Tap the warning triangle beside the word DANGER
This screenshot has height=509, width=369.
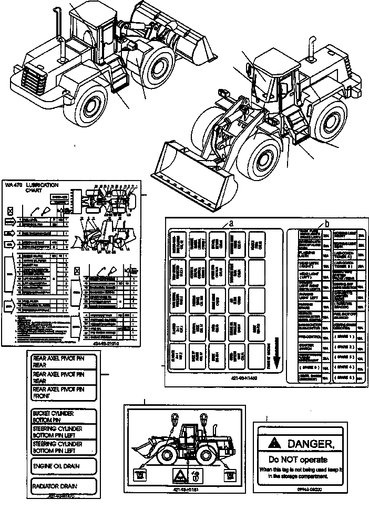273,443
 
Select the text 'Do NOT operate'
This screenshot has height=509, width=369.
297,458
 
